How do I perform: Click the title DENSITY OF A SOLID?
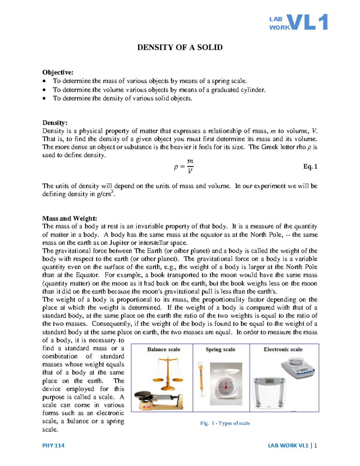click(x=180, y=47)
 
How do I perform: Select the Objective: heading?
click(x=58, y=72)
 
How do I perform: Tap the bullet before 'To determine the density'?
click(x=44, y=98)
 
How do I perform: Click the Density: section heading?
click(x=55, y=123)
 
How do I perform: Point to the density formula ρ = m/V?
click(x=184, y=167)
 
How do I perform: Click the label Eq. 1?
click(x=310, y=167)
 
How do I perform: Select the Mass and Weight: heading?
click(x=70, y=218)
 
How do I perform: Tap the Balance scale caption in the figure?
click(x=163, y=349)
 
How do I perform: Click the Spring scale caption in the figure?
click(x=220, y=349)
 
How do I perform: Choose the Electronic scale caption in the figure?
click(x=283, y=349)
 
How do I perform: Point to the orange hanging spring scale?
click(x=201, y=380)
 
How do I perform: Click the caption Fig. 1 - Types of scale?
click(x=225, y=423)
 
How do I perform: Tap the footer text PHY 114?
click(x=53, y=445)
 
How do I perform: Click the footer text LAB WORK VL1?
click(x=288, y=445)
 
